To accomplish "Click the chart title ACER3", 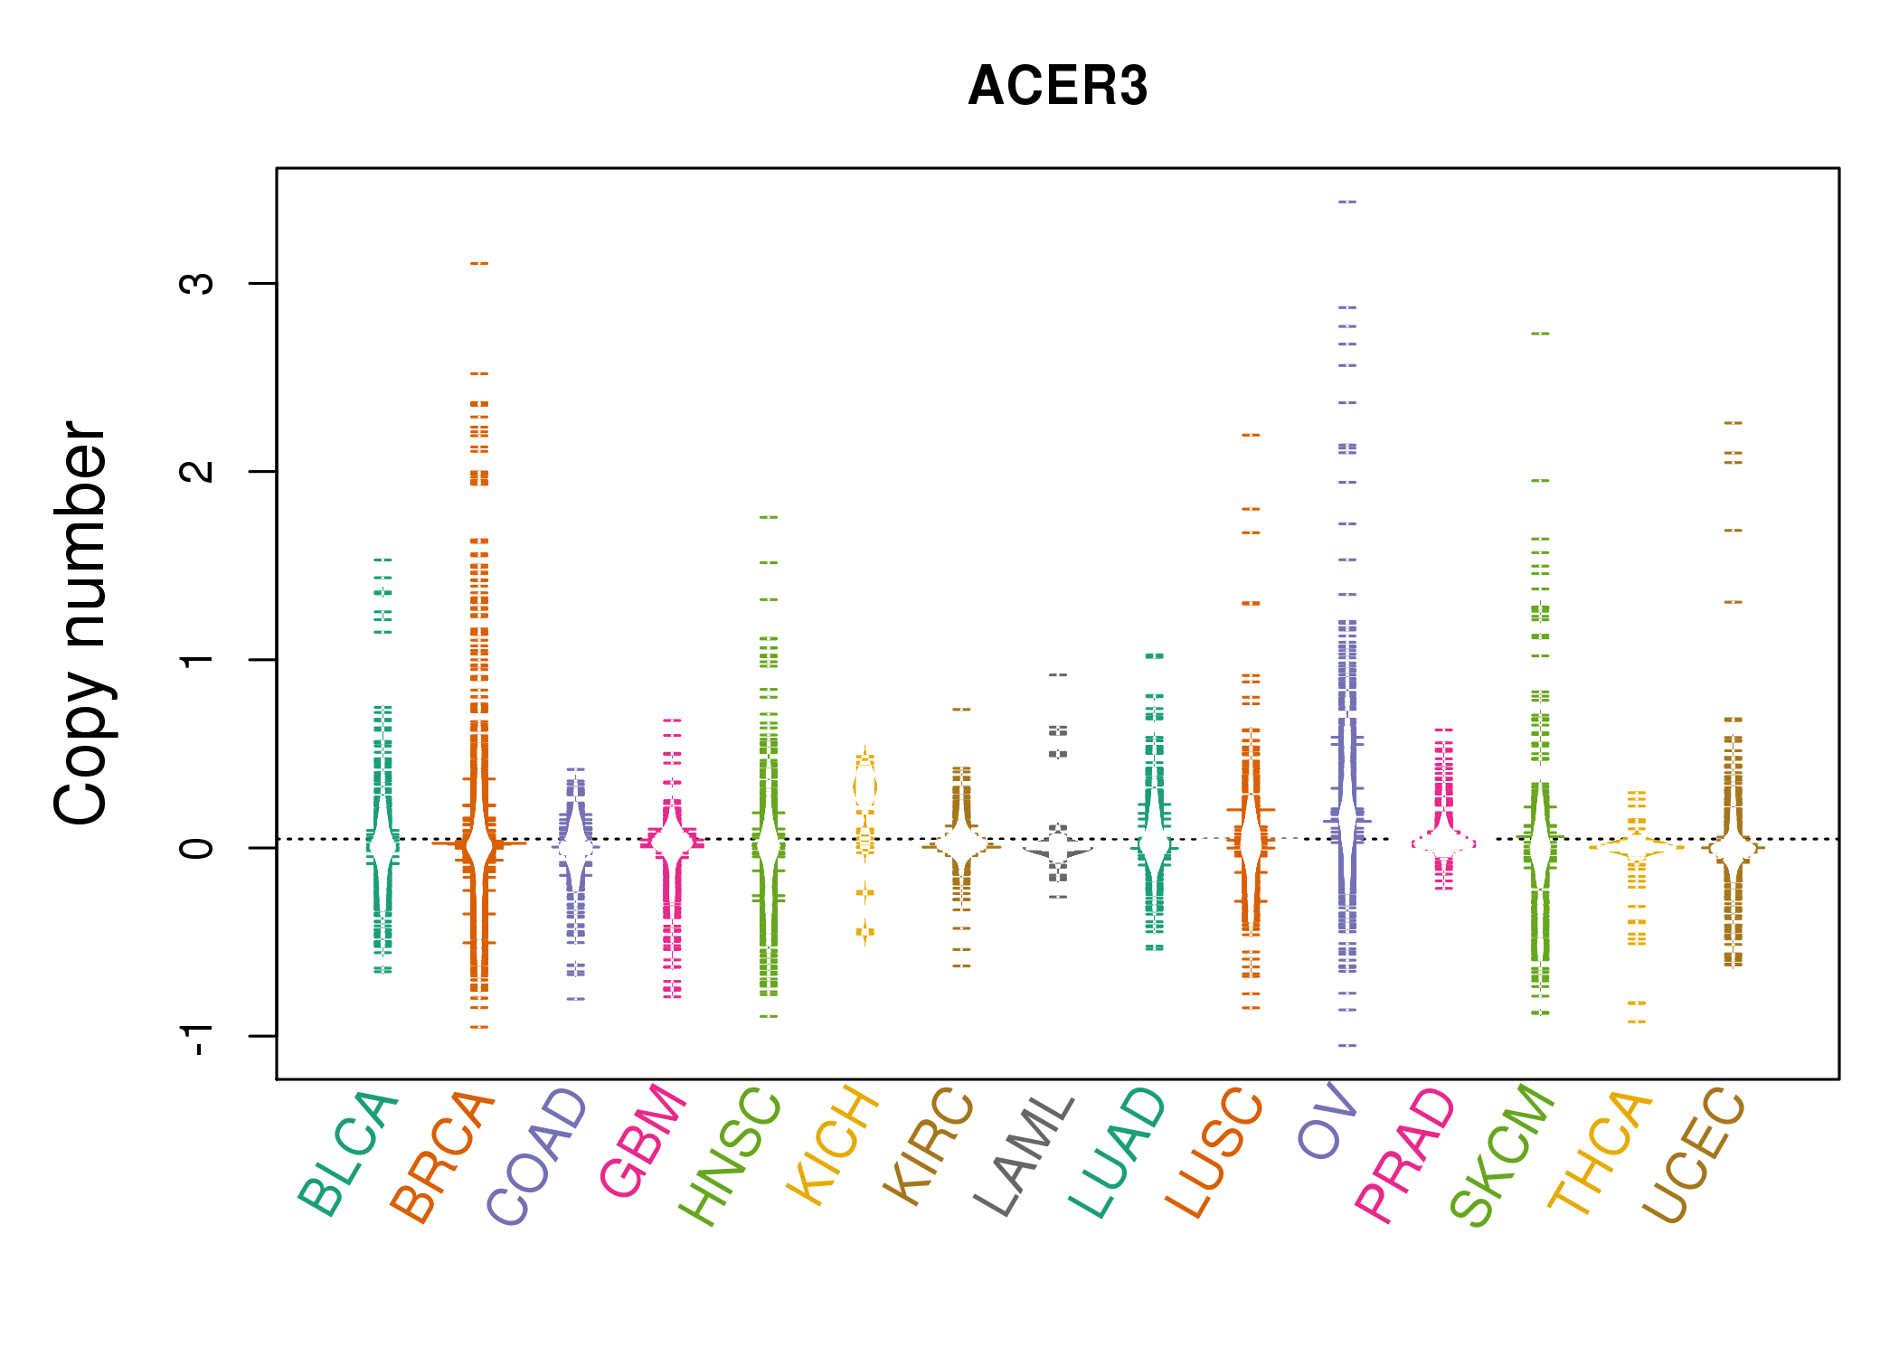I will (1057, 86).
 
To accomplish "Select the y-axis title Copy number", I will (81, 623).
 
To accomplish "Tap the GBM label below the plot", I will (644, 1140).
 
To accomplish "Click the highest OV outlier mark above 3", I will (1347, 202).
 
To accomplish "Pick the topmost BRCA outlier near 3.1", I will (479, 263).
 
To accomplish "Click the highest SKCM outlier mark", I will (1540, 334).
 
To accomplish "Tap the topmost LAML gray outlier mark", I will (1058, 674).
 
